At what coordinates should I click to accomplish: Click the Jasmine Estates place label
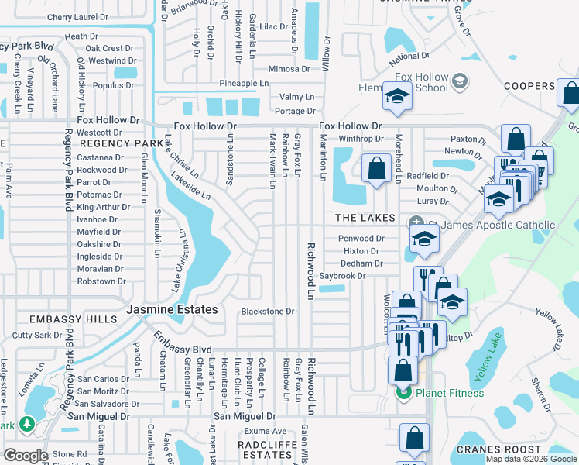tap(172, 310)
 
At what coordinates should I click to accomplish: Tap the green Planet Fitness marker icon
tap(403, 393)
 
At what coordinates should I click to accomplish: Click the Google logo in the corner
tap(26, 456)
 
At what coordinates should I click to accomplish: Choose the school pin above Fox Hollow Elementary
tap(396, 98)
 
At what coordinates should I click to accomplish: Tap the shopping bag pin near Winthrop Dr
tap(376, 168)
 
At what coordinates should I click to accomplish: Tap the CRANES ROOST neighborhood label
tap(499, 449)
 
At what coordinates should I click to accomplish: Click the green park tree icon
tap(27, 424)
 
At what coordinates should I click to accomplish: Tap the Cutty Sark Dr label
tap(36, 336)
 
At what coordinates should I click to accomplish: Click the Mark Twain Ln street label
tap(272, 161)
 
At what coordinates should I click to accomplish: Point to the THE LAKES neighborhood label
tap(365, 219)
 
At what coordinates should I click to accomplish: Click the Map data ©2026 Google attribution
tap(531, 459)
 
